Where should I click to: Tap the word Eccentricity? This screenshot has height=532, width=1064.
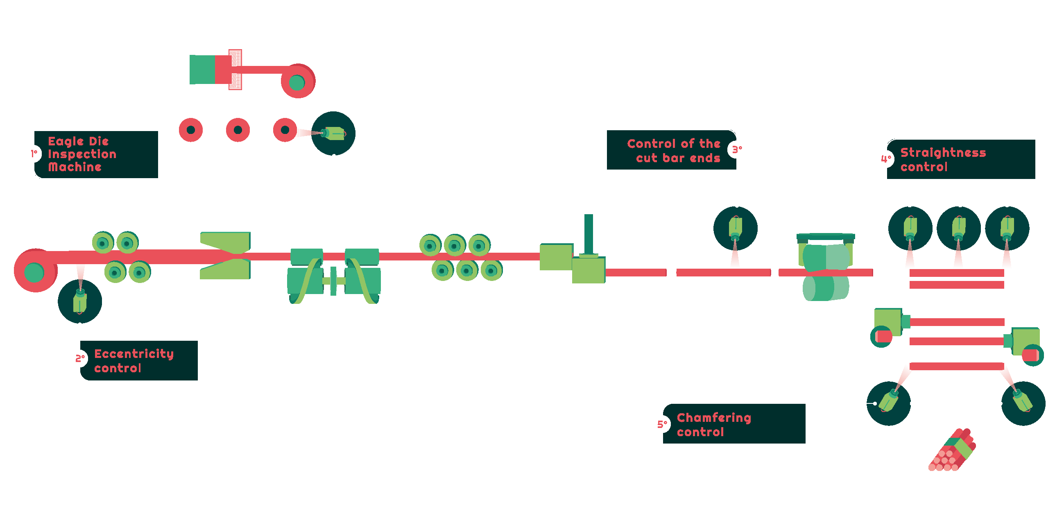134,353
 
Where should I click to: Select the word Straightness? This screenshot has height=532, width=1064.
942,152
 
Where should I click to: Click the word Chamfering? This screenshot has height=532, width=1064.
714,418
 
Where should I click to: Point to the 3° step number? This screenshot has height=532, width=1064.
737,149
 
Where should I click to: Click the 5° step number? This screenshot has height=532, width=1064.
662,424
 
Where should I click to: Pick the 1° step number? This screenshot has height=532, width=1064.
34,154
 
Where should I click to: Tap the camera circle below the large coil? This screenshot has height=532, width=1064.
80,301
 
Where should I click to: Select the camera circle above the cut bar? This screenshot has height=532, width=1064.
735,229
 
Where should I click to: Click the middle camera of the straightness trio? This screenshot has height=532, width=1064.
958,229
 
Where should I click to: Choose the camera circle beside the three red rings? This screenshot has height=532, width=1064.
333,134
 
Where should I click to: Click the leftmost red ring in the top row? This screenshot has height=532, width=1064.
190,130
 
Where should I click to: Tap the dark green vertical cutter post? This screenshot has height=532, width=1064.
589,234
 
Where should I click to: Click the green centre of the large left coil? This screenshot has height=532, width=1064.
34,273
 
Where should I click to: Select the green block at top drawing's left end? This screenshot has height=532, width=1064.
202,69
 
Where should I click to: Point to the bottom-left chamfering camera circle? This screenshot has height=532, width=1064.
888,403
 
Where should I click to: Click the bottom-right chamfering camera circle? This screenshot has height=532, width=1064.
1023,403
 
